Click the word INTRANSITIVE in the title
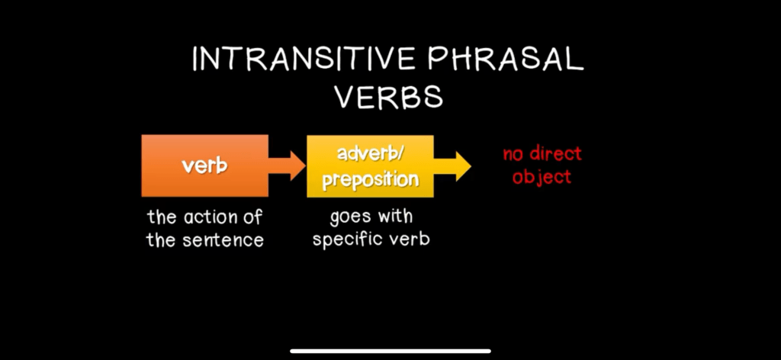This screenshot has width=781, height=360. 304,59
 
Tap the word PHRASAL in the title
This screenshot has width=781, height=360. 505,59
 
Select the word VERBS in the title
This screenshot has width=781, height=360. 388,96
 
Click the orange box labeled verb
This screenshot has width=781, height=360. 204,166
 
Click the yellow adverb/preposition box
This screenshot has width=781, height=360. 370,166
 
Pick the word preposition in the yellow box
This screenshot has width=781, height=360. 370,180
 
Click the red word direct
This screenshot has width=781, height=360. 555,153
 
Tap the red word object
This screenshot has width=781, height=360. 542,177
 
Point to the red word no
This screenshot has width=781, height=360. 513,154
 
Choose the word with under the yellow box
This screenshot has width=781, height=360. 395,217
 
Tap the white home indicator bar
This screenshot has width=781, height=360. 390,351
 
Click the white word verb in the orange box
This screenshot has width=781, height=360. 204,166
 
